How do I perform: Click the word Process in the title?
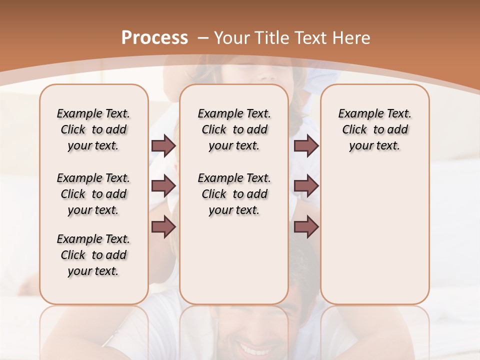[x=154, y=37]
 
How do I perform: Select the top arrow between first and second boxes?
[x=163, y=146]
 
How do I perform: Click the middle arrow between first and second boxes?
[x=163, y=186]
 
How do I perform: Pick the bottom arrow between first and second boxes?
[x=163, y=226]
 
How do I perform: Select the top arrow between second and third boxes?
[x=306, y=146]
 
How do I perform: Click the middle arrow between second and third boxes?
[x=306, y=186]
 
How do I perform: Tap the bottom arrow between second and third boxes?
[x=306, y=226]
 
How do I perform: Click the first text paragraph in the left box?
[x=93, y=129]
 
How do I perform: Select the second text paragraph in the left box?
[x=93, y=194]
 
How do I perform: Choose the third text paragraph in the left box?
[x=93, y=255]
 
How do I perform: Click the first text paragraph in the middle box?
[x=234, y=129]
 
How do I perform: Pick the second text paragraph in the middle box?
[x=234, y=194]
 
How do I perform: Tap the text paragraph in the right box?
[x=374, y=129]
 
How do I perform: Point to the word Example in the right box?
[x=357, y=113]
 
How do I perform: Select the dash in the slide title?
[x=203, y=37]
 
